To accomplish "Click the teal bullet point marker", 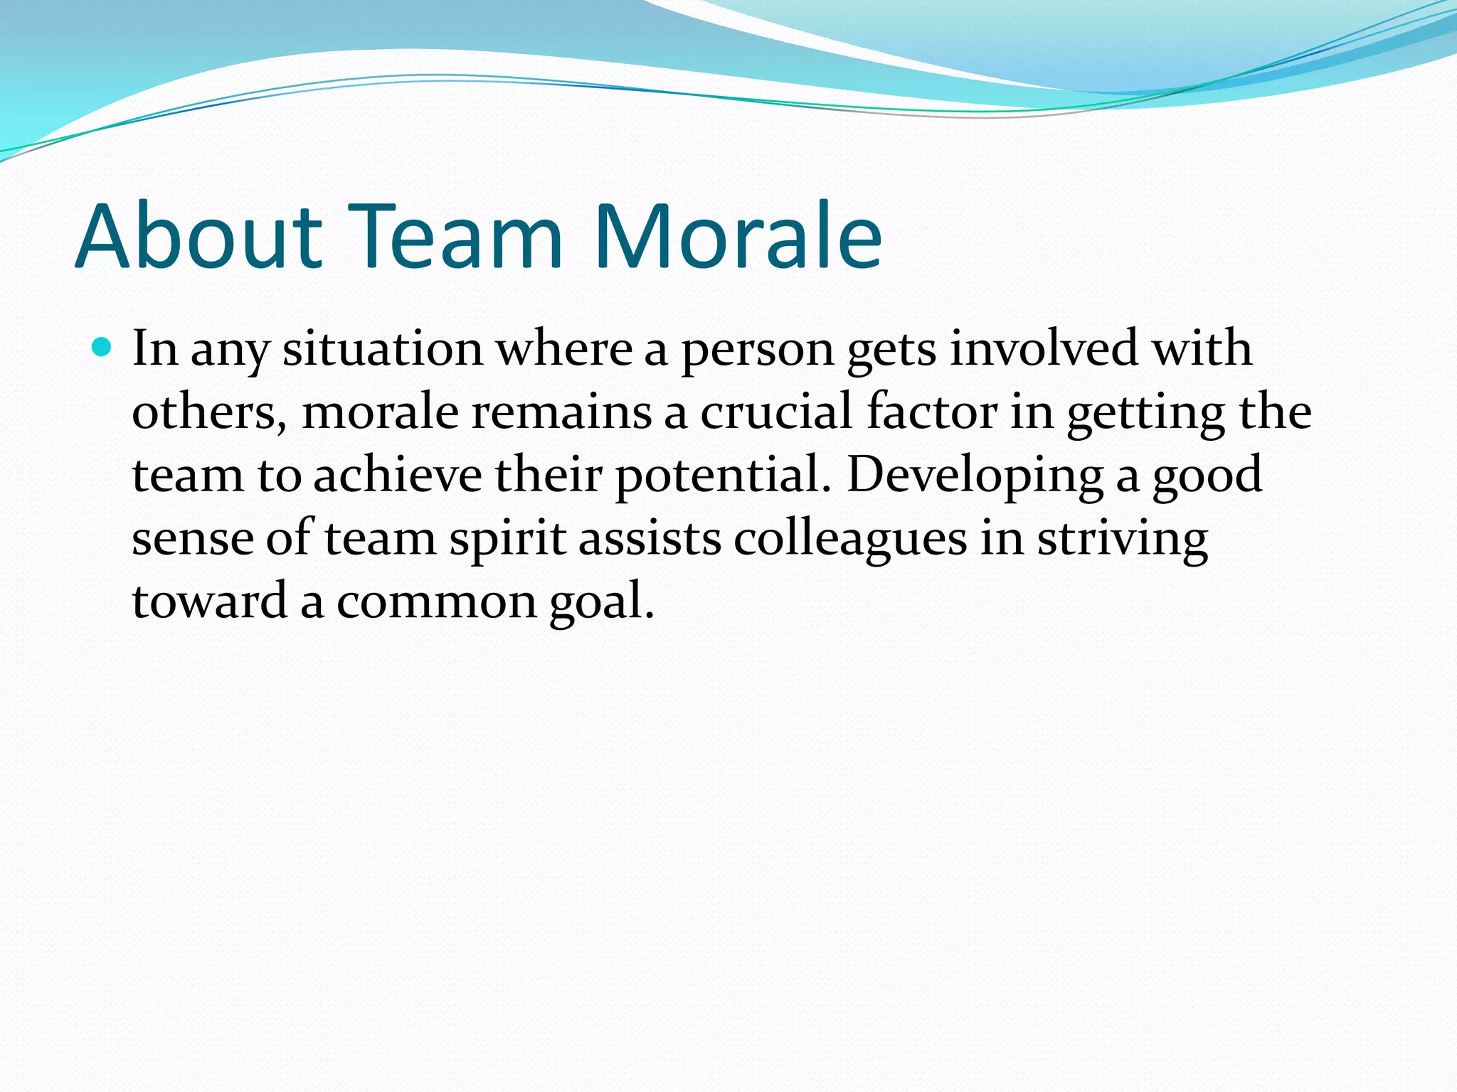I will [102, 348].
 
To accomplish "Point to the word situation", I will [383, 350].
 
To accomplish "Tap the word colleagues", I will [850, 539].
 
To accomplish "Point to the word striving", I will [1122, 539].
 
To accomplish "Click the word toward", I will [209, 601].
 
